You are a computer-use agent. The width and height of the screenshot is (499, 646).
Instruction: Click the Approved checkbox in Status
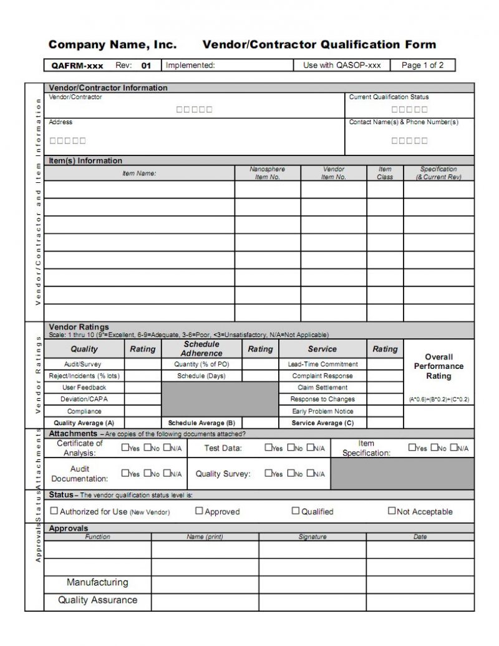click(x=199, y=511)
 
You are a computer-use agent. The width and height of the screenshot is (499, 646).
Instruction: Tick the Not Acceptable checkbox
click(x=392, y=511)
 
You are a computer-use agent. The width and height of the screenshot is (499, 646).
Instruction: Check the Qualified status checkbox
click(x=296, y=511)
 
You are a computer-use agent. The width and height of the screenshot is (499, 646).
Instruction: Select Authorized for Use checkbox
click(x=54, y=511)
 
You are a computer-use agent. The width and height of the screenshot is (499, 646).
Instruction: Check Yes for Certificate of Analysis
click(x=125, y=448)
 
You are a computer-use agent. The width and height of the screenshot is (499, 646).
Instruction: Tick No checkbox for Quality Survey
click(x=290, y=474)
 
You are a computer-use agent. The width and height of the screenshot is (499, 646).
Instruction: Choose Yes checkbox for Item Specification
click(x=412, y=448)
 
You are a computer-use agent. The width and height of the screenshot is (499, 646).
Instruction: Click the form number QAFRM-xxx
click(x=77, y=66)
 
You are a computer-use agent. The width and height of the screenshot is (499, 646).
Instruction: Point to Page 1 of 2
click(x=423, y=66)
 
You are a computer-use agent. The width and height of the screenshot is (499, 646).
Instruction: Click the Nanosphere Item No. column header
click(x=267, y=173)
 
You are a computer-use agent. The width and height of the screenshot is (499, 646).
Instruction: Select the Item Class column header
click(x=385, y=173)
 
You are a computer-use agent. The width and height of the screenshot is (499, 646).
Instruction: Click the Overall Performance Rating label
click(x=438, y=366)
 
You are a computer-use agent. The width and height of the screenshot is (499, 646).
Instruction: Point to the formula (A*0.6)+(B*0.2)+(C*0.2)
click(x=438, y=399)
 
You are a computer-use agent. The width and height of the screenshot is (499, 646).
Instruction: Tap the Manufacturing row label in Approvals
click(x=97, y=582)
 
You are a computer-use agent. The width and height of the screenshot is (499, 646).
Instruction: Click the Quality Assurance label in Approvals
click(x=97, y=600)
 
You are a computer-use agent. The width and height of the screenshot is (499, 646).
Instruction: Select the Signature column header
click(x=312, y=537)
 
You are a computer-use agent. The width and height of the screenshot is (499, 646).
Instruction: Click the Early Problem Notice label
click(x=322, y=411)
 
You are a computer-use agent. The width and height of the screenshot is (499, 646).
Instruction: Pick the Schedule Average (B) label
click(x=201, y=423)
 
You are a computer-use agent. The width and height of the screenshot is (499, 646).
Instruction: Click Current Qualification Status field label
click(x=389, y=97)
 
